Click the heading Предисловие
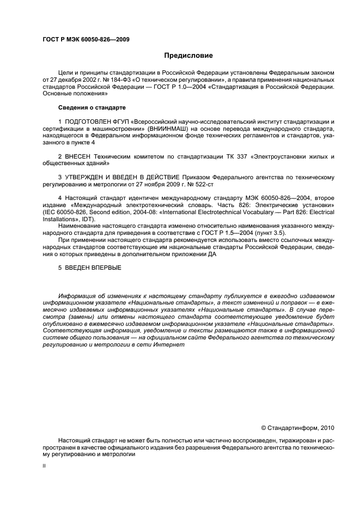tap(188, 56)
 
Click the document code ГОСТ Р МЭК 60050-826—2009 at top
tap(86, 39)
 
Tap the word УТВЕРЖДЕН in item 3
tap(85, 178)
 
